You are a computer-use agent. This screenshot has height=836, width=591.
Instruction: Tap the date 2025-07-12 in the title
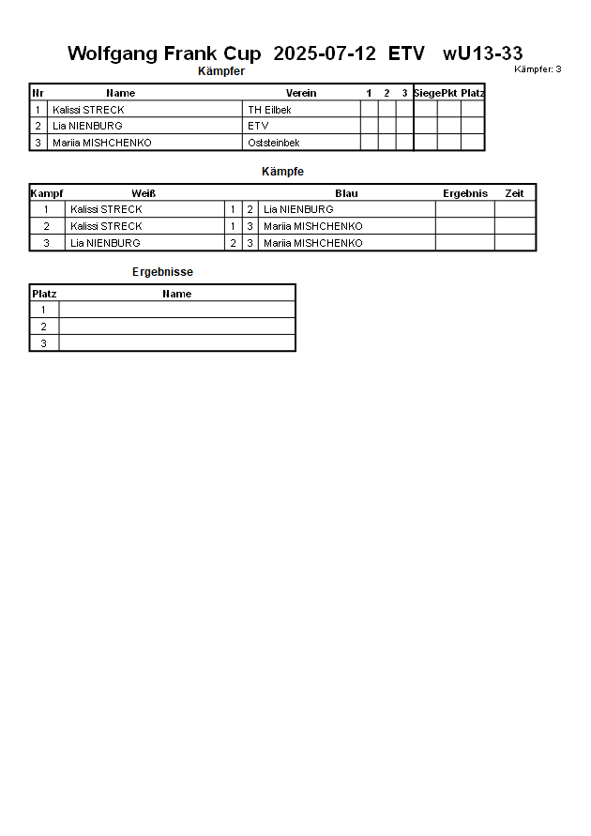tap(325, 53)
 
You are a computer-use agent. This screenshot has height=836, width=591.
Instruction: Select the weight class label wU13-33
tap(483, 53)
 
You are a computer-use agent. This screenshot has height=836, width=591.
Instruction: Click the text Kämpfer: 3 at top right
tap(538, 69)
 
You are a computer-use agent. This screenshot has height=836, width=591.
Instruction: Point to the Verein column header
tap(301, 93)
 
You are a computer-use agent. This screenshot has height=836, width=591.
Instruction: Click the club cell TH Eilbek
tap(269, 110)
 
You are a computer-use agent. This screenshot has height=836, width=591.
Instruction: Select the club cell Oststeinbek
tap(274, 143)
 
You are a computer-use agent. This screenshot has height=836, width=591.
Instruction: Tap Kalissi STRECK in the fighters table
tap(88, 110)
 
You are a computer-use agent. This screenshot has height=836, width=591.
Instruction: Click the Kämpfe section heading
tap(282, 172)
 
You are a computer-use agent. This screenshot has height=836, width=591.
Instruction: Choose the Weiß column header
tap(144, 193)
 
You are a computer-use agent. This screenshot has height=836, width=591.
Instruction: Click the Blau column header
tap(346, 193)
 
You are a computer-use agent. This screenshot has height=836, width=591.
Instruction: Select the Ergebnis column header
tap(465, 193)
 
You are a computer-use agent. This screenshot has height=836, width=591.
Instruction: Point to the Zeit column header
tap(514, 193)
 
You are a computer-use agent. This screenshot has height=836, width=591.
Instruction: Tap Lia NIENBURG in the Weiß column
tap(105, 243)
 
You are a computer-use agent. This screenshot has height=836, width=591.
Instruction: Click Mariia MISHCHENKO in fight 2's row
tap(312, 226)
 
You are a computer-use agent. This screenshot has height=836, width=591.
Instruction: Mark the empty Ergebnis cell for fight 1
tap(464, 209)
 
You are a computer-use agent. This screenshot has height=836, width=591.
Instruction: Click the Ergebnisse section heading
tap(162, 272)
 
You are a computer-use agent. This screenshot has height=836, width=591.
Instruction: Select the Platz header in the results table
tap(44, 294)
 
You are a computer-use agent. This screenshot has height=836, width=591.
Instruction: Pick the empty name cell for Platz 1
tap(176, 310)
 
